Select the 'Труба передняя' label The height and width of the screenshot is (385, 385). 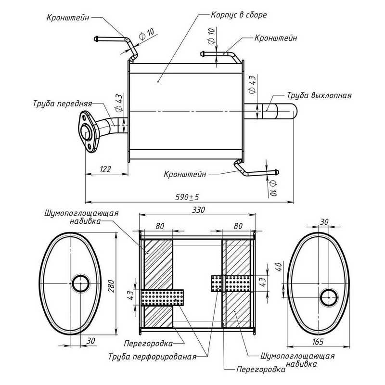pos(63,103)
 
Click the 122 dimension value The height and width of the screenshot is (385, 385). pos(106,169)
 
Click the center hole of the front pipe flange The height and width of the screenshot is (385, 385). pos(87,128)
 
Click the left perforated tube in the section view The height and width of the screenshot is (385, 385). pos(163,296)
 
